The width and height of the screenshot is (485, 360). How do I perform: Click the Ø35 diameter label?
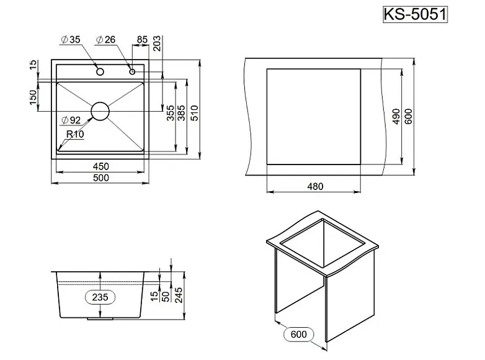tap(71, 40)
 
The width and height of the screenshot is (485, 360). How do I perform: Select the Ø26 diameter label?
tap(105, 40)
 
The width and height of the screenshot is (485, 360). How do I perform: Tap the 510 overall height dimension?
tap(194, 112)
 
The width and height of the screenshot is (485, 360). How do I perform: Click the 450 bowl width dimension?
tap(101, 166)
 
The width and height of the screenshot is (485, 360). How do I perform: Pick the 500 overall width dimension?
tap(101, 178)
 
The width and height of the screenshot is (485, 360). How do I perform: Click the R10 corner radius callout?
tap(75, 133)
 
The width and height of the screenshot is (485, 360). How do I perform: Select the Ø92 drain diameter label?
tap(72, 120)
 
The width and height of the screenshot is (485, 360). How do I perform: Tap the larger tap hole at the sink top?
tap(99, 71)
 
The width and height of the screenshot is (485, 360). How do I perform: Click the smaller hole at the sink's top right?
tap(132, 71)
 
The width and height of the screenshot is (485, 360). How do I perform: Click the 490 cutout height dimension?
tap(396, 117)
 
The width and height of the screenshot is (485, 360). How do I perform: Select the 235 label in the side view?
tap(100, 297)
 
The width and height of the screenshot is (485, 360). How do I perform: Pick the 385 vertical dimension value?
tap(181, 112)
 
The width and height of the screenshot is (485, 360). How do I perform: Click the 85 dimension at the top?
tap(141, 40)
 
